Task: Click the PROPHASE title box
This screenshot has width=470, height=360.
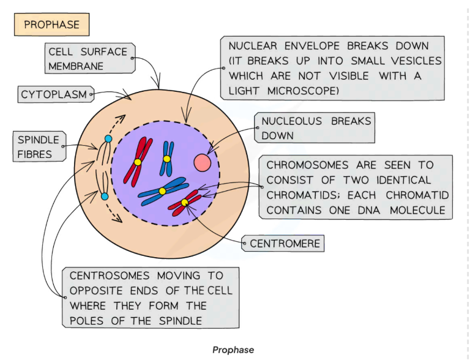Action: (x=51, y=25)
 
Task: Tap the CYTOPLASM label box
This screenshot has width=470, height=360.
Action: (x=54, y=94)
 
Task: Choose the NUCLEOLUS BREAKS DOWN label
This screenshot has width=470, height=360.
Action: (x=315, y=128)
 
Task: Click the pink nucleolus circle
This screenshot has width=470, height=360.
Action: (x=203, y=163)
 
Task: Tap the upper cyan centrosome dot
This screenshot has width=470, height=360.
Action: (x=108, y=139)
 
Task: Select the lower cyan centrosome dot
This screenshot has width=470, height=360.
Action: (x=105, y=196)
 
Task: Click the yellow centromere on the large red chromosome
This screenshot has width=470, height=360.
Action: (x=138, y=162)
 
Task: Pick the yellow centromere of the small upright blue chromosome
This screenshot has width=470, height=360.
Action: (x=166, y=159)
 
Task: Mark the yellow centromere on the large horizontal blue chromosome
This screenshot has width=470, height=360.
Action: (x=162, y=191)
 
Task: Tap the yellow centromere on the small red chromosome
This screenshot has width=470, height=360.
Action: (x=185, y=203)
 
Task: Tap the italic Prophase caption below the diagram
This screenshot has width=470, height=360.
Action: (x=233, y=350)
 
